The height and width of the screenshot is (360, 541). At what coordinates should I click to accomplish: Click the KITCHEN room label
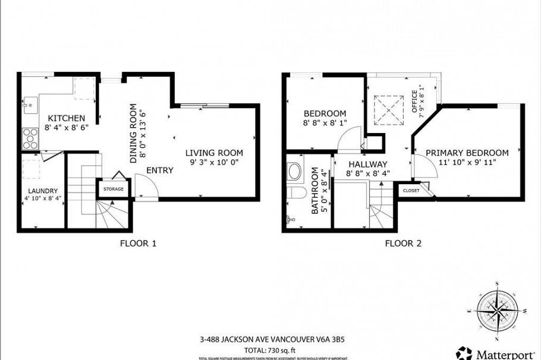pyautogui.click(x=66, y=118)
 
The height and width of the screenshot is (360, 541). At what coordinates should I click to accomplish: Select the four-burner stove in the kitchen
pyautogui.click(x=29, y=139)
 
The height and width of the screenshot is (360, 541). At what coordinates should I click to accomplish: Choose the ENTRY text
pyautogui.click(x=160, y=170)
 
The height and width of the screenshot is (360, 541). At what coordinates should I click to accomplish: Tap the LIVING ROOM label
pyautogui.click(x=213, y=153)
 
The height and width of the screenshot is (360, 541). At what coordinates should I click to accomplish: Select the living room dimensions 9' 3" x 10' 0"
pyautogui.click(x=213, y=162)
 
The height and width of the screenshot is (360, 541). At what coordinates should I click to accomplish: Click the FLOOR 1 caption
pyautogui.click(x=139, y=243)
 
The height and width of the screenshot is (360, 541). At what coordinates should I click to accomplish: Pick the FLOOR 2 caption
pyautogui.click(x=403, y=243)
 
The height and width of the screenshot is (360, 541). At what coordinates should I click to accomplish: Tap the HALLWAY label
pyautogui.click(x=367, y=165)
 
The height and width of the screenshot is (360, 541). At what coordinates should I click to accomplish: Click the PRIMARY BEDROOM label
pyautogui.click(x=467, y=152)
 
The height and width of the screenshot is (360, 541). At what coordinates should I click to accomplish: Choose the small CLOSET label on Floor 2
pyautogui.click(x=411, y=191)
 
